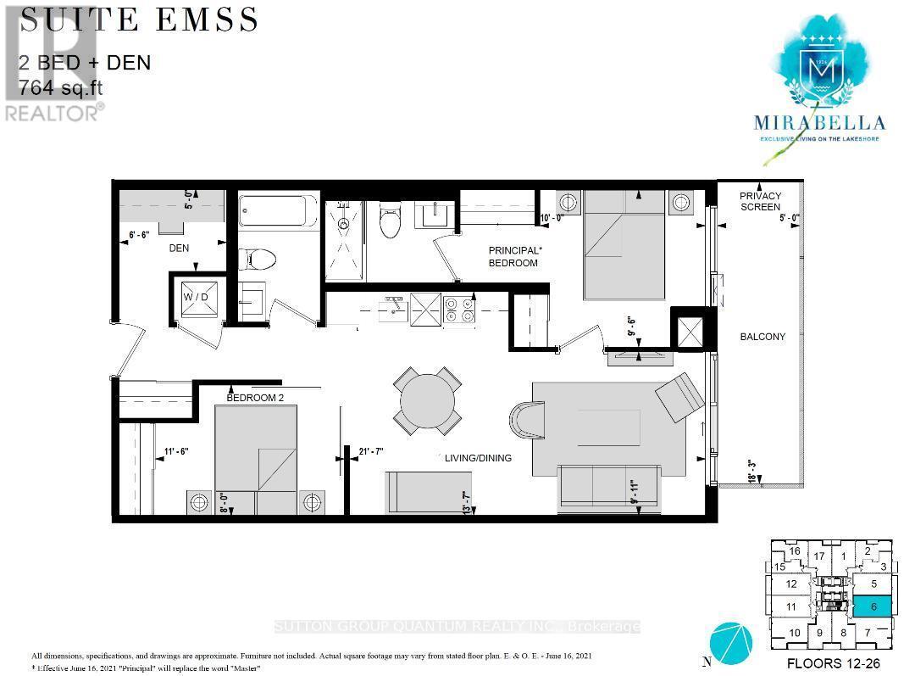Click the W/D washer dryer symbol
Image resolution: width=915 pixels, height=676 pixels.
[x=197, y=298]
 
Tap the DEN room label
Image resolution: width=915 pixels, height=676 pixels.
[x=178, y=249]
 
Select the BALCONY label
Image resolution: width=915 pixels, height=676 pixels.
[x=762, y=337]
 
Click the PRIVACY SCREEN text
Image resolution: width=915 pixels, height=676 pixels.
[x=760, y=201]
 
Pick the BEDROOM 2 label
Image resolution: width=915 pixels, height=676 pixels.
[x=255, y=397]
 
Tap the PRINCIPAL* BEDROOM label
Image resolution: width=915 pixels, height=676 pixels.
[x=513, y=256]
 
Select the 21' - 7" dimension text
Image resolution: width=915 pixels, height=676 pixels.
[x=371, y=450]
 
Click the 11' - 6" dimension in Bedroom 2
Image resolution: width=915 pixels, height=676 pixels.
[x=170, y=451]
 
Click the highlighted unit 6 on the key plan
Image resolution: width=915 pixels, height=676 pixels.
[x=872, y=606]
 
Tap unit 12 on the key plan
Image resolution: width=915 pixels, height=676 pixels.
[x=791, y=584]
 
